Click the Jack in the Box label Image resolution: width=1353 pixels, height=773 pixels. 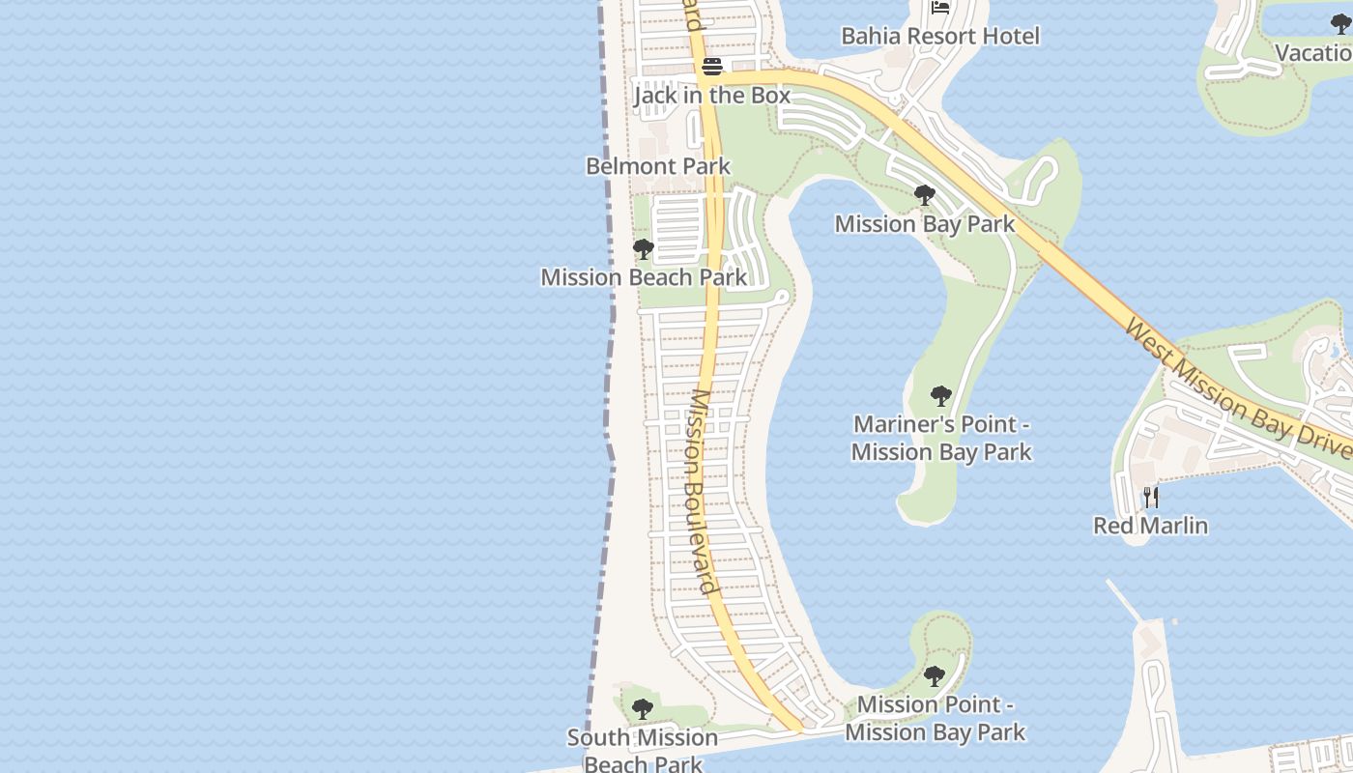711,96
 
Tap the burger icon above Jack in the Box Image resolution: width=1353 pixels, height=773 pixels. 712,67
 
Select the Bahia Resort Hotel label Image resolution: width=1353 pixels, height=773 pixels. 939,37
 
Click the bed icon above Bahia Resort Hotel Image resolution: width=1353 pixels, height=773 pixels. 940,8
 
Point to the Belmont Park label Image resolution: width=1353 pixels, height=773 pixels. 658,166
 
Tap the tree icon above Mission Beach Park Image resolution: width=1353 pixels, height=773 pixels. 643,249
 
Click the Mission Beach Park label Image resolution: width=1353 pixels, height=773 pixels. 644,277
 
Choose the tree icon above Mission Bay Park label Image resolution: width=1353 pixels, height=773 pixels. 924,196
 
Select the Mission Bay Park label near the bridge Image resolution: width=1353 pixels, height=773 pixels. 924,224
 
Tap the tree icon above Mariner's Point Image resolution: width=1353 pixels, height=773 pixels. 940,395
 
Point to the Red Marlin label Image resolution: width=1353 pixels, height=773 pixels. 1150,526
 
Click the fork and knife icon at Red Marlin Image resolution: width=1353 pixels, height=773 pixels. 1150,498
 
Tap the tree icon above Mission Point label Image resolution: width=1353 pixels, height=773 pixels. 934,675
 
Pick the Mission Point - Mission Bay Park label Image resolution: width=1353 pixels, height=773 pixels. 935,718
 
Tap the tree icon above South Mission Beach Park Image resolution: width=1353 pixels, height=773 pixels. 642,709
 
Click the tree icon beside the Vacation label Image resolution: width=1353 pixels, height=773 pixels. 1340,24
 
